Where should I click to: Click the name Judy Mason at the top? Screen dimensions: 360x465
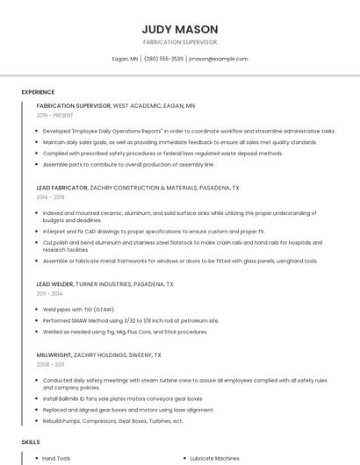pos(179,29)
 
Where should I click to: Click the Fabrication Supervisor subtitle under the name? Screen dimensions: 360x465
pos(179,42)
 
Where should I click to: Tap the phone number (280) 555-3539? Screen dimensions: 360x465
pos(163,59)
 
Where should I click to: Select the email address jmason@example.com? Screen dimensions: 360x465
pos(219,59)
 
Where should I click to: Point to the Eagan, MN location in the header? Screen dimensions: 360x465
pos(125,59)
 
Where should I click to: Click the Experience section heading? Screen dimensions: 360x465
pos(38,92)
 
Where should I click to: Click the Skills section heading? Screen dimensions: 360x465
pos(31,442)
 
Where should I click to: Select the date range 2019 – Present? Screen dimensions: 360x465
pos(55,115)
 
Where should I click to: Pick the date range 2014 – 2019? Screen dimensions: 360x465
pos(51,197)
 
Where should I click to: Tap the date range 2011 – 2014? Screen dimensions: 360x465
pos(50,294)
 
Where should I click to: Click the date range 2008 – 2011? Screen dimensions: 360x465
pos(50,364)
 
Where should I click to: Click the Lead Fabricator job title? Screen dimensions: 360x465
pos(62,188)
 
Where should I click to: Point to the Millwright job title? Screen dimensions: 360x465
pos(54,354)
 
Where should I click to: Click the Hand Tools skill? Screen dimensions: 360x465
pos(56,458)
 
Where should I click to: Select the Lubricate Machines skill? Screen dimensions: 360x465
pos(215,458)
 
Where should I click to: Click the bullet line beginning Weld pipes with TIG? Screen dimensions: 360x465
pos(80,310)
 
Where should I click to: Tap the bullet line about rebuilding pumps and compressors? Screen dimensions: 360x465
pos(112,420)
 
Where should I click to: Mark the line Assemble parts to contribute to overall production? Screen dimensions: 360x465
pos(128,164)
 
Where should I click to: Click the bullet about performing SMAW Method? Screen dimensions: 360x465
pos(130,320)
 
